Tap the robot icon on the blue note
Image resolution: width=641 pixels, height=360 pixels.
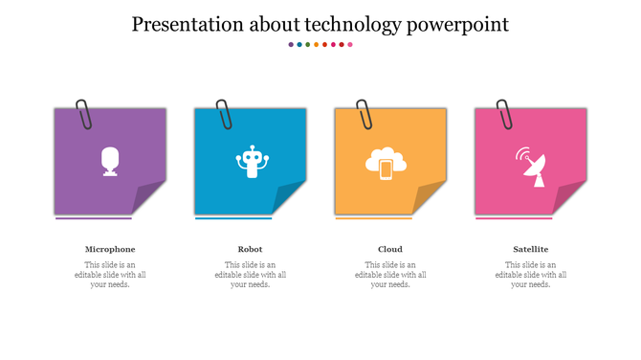pyautogui.click(x=251, y=162)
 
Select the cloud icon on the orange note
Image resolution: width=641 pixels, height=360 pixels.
pyautogui.click(x=386, y=163)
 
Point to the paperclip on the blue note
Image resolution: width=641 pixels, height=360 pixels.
pyautogui.click(x=224, y=113)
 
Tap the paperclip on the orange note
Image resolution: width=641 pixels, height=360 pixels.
pyautogui.click(x=365, y=113)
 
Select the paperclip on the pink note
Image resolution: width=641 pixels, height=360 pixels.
pyautogui.click(x=504, y=113)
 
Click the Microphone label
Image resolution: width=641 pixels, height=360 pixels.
pyautogui.click(x=110, y=249)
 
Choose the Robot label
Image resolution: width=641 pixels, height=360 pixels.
pyautogui.click(x=251, y=249)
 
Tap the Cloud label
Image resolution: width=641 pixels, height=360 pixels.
pyautogui.click(x=390, y=249)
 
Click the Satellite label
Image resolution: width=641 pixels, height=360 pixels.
pyautogui.click(x=531, y=249)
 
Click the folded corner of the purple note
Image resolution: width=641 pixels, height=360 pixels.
pyautogui.click(x=150, y=198)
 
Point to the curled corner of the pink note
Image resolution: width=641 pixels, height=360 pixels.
pyautogui.click(x=571, y=198)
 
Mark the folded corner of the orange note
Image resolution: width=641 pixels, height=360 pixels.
pyautogui.click(x=431, y=198)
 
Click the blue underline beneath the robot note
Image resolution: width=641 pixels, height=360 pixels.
pyautogui.click(x=233, y=218)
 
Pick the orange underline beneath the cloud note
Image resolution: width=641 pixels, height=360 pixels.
pyautogui.click(x=374, y=218)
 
